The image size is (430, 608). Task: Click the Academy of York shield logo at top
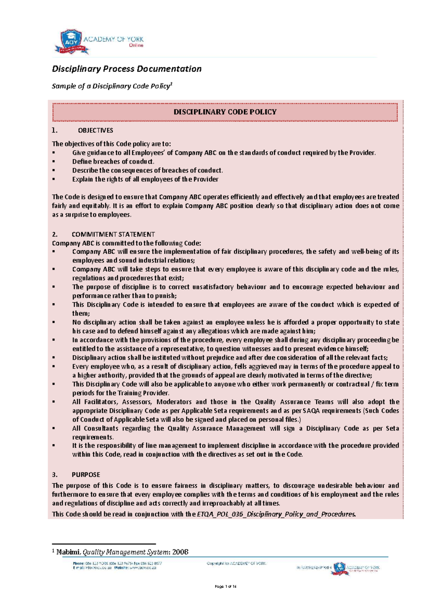[x=71, y=41]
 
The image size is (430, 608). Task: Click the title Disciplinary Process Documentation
[x=126, y=69]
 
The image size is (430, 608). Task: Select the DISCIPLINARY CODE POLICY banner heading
[x=225, y=112]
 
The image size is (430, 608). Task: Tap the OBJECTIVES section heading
[x=95, y=130]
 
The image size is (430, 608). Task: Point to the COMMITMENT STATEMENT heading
[x=113, y=234]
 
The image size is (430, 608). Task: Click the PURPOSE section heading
[x=86, y=475]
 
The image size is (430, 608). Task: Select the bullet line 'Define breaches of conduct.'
[x=113, y=162]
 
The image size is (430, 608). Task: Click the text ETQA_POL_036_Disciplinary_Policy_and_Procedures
[x=276, y=514]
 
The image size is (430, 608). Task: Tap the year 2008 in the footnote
[x=180, y=552]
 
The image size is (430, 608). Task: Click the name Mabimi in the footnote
[x=68, y=552]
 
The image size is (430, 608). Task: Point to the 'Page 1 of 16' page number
[x=225, y=586]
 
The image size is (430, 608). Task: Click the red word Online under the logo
[x=136, y=46]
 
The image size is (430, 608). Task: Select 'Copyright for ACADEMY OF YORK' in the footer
[x=236, y=564]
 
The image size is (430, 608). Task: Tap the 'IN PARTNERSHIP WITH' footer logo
[x=338, y=568]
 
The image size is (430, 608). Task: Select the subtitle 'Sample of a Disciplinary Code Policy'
[x=111, y=86]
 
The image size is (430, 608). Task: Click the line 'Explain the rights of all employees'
[x=145, y=179]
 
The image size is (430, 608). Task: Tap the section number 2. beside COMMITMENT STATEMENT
[x=54, y=234]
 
